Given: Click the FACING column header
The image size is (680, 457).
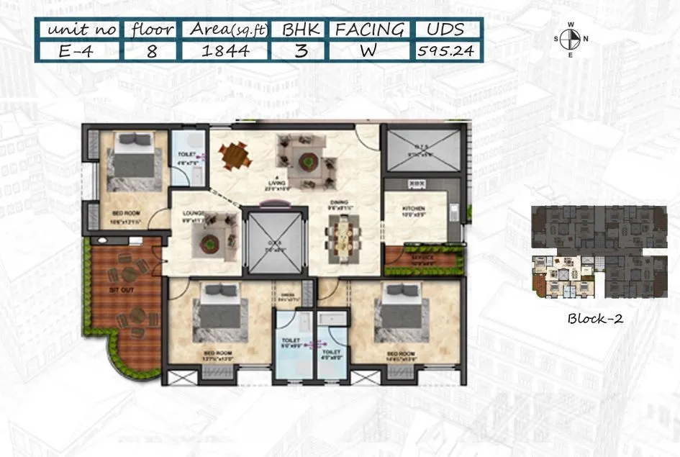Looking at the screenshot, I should coord(370,30).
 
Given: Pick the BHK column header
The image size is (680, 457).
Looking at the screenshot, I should coord(299,30).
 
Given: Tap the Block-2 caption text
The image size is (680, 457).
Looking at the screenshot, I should coord(594,319).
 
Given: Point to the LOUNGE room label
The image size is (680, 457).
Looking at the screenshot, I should coord(194,213).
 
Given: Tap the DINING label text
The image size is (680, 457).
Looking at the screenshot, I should coord(340,204).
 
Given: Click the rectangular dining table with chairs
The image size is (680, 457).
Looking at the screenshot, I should coord(341,237).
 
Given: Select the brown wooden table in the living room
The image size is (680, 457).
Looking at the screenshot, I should coord(233,156).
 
